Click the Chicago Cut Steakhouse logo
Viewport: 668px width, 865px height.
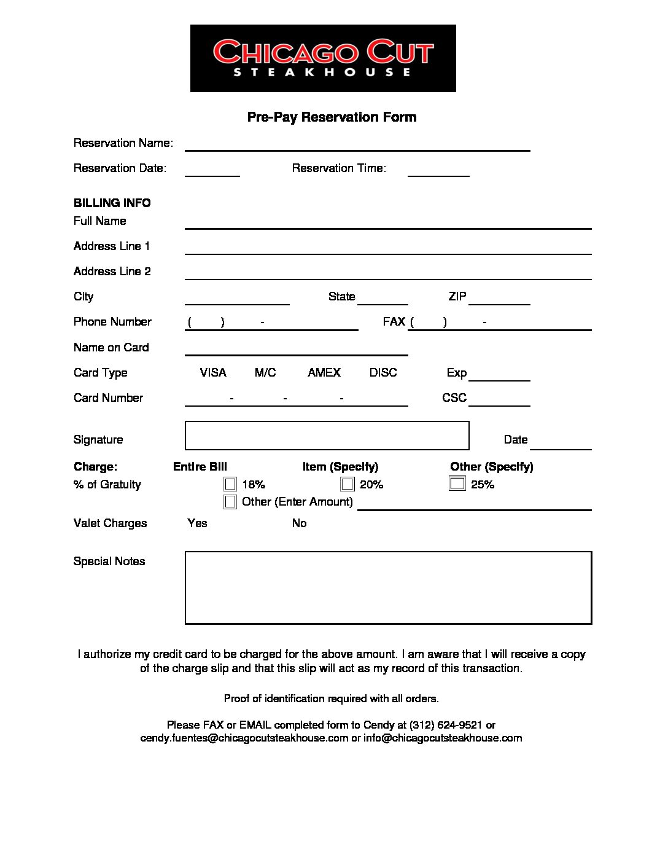tap(323, 58)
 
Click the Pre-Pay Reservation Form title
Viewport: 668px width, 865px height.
tap(332, 117)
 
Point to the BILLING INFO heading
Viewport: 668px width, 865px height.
tap(112, 203)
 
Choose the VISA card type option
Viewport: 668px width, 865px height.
tap(213, 372)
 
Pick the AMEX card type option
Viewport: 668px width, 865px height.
tap(324, 372)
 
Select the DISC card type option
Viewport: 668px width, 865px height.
tap(383, 372)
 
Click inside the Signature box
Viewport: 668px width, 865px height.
tap(327, 436)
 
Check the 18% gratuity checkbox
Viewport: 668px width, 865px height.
tap(230, 485)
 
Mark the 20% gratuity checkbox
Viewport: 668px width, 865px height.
tap(348, 485)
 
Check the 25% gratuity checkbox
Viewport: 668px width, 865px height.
tap(457, 484)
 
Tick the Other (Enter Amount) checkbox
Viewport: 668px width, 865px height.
tap(230, 502)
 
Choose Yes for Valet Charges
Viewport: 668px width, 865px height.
tap(197, 523)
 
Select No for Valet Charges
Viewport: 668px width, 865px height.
tap(299, 523)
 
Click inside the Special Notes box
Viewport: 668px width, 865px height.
tap(388, 587)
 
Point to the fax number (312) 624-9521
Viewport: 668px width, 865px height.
tap(446, 725)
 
